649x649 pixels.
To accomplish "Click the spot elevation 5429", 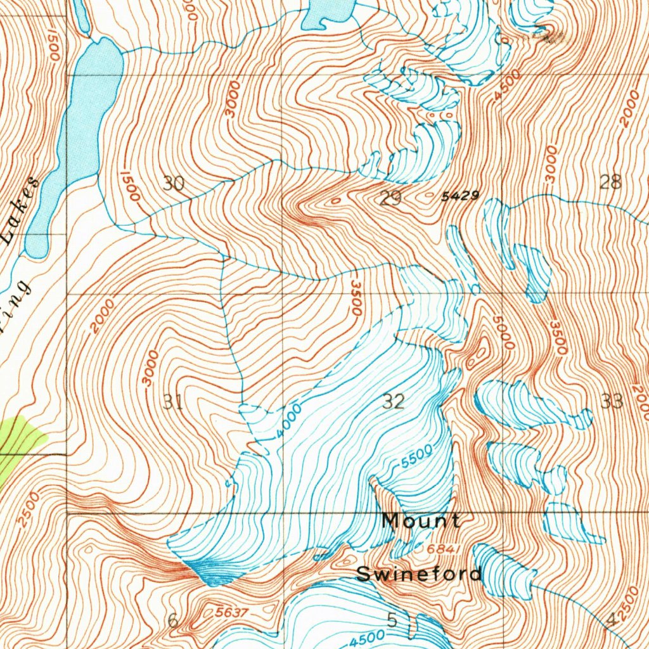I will (461, 196).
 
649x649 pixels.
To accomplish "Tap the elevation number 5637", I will (232, 612).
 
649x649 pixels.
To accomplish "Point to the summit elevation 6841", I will (443, 548).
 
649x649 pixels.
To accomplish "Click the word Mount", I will (421, 521).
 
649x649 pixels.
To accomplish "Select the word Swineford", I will (419, 574).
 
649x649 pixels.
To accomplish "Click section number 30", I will (173, 184).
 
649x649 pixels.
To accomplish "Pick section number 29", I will (390, 199).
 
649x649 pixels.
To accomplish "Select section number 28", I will (610, 183).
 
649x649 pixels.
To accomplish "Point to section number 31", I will (173, 401).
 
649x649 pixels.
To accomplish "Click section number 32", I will (394, 401).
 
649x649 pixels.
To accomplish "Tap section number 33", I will (612, 401).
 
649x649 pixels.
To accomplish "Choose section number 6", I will (173, 620).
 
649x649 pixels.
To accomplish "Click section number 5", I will (392, 620).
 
